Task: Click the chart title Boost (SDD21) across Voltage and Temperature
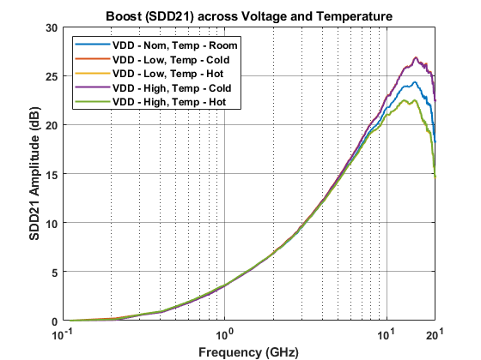pos(249,16)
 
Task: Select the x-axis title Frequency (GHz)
pos(249,351)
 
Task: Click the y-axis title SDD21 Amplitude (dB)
pos(34,174)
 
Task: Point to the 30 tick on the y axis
pos(51,27)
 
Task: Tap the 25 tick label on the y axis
pos(51,76)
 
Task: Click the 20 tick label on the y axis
pos(51,125)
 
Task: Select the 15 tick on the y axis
pos(51,174)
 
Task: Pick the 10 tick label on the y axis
pos(51,223)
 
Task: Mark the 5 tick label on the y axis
pos(53,273)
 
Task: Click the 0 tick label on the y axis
pos(53,321)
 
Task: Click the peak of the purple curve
pos(416,58)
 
